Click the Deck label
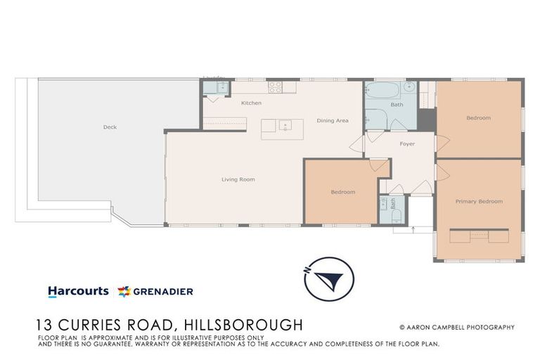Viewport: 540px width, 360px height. [x=110, y=127]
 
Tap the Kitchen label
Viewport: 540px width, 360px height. [x=251, y=103]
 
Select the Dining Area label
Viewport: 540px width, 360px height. [x=332, y=121]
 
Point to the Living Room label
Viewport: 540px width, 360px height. [x=238, y=179]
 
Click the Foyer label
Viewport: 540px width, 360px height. [x=407, y=144]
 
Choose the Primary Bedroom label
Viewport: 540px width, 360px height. [x=479, y=202]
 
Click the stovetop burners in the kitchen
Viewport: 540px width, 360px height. [x=275, y=88]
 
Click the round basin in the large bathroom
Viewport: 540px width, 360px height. [x=409, y=88]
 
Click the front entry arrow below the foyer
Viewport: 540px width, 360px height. [x=413, y=229]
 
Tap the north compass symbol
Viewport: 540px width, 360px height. [x=328, y=279]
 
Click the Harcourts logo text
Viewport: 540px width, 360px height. [x=78, y=291]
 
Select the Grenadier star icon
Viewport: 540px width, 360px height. [x=124, y=291]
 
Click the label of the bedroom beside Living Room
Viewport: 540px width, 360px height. [x=342, y=192]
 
